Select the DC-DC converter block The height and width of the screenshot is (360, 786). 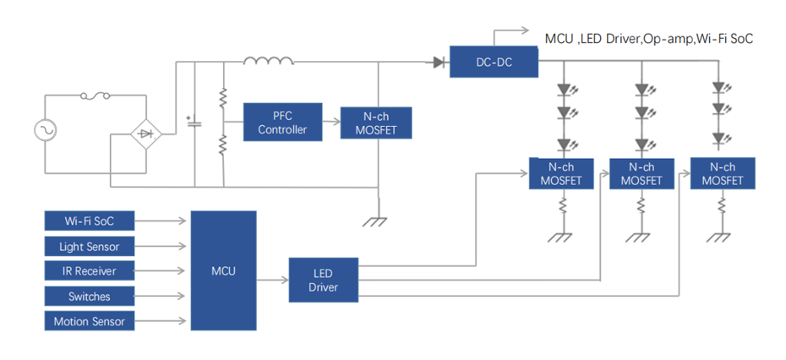tap(494, 62)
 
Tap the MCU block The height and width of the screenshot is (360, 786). tap(223, 270)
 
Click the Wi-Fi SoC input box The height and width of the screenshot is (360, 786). tap(90, 221)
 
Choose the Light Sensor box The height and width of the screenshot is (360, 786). tap(90, 247)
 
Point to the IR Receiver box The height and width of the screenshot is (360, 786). tap(90, 271)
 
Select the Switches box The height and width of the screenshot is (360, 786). tap(90, 297)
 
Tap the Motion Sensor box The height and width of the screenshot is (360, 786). tap(90, 321)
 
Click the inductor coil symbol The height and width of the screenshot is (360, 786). tap(269, 61)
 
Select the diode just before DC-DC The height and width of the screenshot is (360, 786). tap(439, 62)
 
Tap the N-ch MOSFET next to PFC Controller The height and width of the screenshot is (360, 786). tap(375, 123)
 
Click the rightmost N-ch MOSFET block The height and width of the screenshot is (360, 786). tap(723, 173)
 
